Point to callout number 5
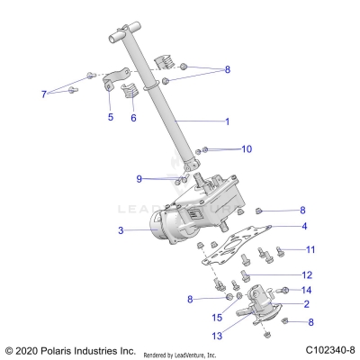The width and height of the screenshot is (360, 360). click(111, 117)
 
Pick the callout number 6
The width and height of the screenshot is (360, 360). click(134, 118)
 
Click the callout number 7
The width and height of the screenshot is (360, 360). click(42, 94)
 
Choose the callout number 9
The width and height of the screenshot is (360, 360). click(139, 178)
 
